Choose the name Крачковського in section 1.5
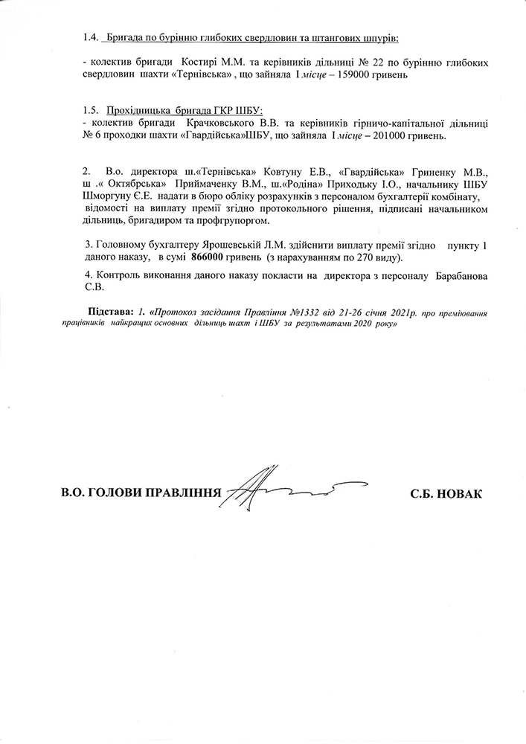coord(217,121)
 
